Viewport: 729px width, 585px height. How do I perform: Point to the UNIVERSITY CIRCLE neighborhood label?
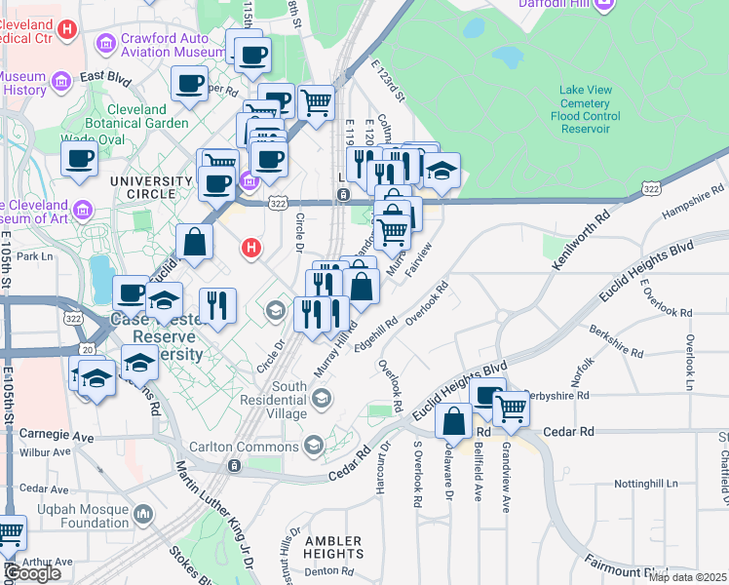click(x=151, y=181)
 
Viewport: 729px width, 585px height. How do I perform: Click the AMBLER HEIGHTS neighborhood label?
click(x=333, y=548)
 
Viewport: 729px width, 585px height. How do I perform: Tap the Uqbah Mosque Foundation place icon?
click(x=143, y=513)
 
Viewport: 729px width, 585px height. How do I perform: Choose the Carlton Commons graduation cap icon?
click(x=314, y=446)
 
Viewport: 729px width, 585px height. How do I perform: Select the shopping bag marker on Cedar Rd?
click(x=454, y=422)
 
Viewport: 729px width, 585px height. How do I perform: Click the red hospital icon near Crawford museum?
click(x=66, y=29)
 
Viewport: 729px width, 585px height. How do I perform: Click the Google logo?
click(x=31, y=573)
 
